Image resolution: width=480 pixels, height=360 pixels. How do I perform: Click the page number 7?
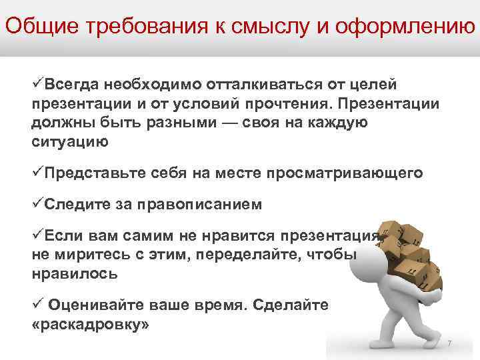(449, 343)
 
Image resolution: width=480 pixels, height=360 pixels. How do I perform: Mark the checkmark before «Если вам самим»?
(37, 235)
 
